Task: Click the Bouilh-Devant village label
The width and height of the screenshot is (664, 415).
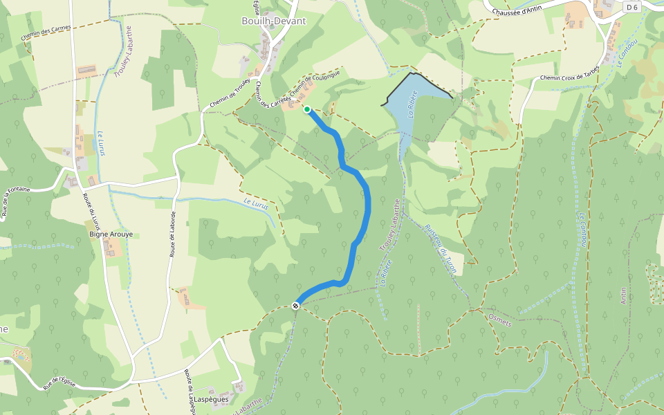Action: pos(273,21)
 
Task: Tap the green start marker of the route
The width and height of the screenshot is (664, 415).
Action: pos(307,109)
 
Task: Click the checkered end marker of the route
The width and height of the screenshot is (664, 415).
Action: pos(295,306)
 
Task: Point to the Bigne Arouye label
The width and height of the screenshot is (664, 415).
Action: pos(111,234)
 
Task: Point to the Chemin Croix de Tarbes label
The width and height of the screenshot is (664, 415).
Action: pos(569,77)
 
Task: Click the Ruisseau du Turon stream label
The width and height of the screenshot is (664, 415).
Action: pos(440,249)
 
